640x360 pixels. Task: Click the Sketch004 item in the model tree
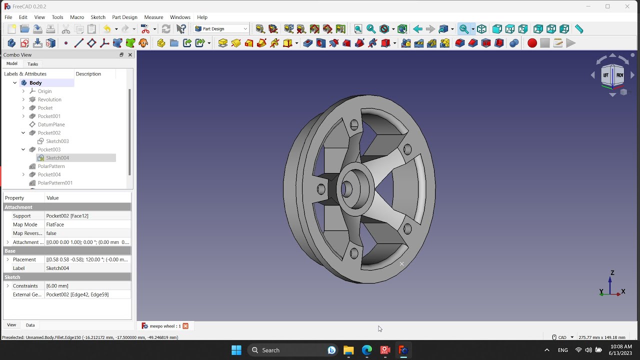click(57, 158)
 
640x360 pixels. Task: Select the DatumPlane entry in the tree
click(51, 124)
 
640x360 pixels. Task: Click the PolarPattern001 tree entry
click(55, 183)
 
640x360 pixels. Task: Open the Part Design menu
click(124, 17)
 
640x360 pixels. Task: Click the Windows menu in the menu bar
click(180, 17)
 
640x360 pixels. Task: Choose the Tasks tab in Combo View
click(32, 64)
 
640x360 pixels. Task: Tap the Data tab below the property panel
click(30, 325)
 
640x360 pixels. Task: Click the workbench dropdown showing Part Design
click(221, 29)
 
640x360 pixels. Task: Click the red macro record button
click(532, 43)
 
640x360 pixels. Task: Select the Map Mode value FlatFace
click(55, 224)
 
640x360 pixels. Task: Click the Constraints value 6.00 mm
click(57, 286)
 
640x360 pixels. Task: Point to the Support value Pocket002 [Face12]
click(67, 216)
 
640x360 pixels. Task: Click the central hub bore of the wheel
click(346, 189)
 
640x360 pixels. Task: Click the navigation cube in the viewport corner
click(613, 75)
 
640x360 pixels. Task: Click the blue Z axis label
click(612, 273)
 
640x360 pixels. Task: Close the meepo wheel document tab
click(185, 326)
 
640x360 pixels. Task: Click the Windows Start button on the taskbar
click(236, 350)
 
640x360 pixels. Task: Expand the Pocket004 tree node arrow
click(23, 174)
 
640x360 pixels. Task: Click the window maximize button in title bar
click(607, 6)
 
